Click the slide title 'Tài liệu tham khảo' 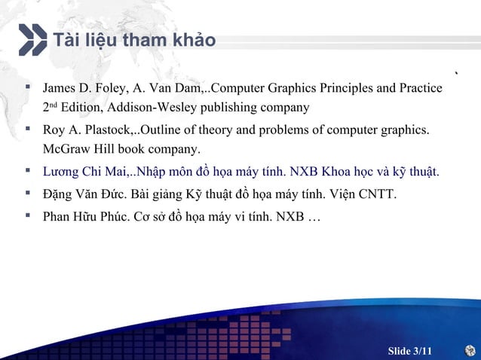tap(133, 39)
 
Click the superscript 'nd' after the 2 tap(53, 105)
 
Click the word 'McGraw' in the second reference tap(64, 148)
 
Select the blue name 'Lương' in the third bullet tap(60, 172)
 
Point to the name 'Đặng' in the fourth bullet tap(59, 196)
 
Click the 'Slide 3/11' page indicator tap(410, 351)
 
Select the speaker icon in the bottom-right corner tap(470, 350)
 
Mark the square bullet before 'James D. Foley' tap(28, 88)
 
